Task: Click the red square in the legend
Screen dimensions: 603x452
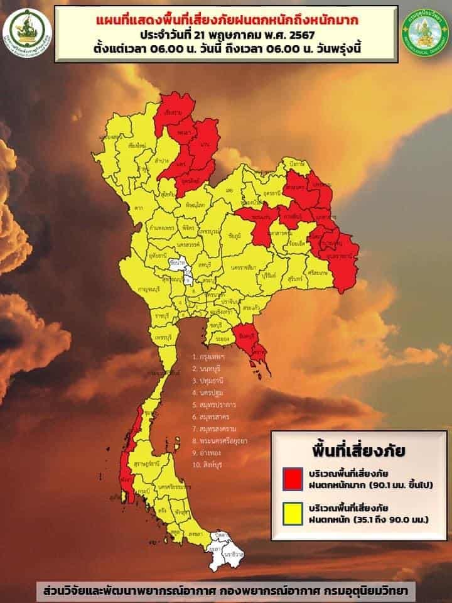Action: click(x=291, y=480)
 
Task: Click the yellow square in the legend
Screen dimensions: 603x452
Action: click(x=291, y=513)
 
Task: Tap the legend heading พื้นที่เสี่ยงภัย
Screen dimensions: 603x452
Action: click(x=358, y=451)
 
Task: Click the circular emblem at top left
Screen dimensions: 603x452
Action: click(x=28, y=32)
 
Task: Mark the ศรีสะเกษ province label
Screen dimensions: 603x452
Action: click(x=317, y=273)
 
